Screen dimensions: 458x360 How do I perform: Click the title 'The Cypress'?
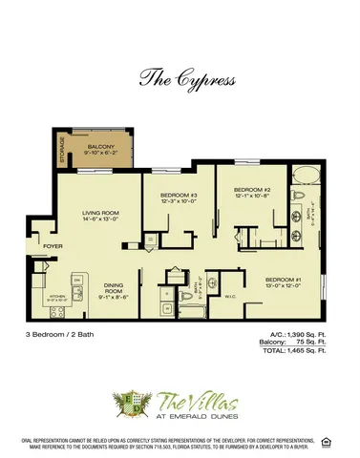point(180,77)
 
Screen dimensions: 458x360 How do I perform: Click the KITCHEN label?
point(55,298)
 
